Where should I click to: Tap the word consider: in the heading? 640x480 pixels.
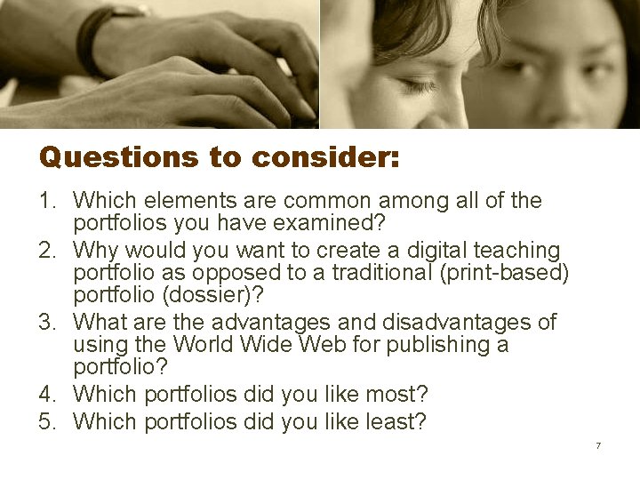point(325,158)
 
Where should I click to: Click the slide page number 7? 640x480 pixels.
point(598,445)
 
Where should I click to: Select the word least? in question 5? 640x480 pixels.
point(395,421)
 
